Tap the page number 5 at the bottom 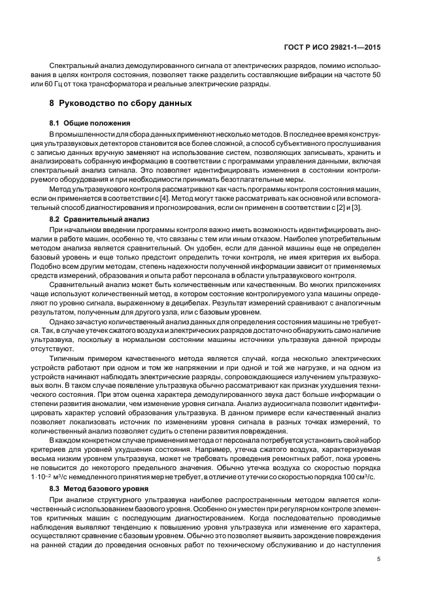[379, 558]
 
